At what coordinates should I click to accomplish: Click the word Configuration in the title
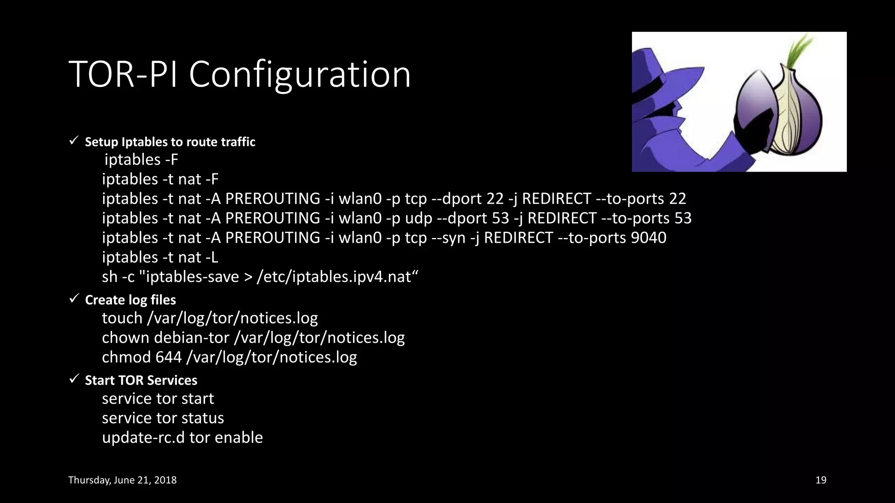point(300,75)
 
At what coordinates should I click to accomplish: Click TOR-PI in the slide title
point(123,75)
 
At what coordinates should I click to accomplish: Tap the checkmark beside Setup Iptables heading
point(74,141)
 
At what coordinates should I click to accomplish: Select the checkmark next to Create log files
point(74,299)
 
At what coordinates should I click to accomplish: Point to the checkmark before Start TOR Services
point(74,379)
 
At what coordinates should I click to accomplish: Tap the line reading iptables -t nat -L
point(160,258)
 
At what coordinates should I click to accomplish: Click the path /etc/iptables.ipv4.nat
point(334,277)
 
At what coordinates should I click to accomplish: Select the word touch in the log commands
point(122,318)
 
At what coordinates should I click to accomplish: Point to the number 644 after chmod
point(168,358)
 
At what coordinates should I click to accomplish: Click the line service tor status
point(163,418)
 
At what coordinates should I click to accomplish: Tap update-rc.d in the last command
point(143,438)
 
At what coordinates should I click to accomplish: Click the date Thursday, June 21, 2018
point(122,480)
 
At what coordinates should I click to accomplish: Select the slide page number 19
point(821,480)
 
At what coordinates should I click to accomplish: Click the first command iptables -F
point(141,160)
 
